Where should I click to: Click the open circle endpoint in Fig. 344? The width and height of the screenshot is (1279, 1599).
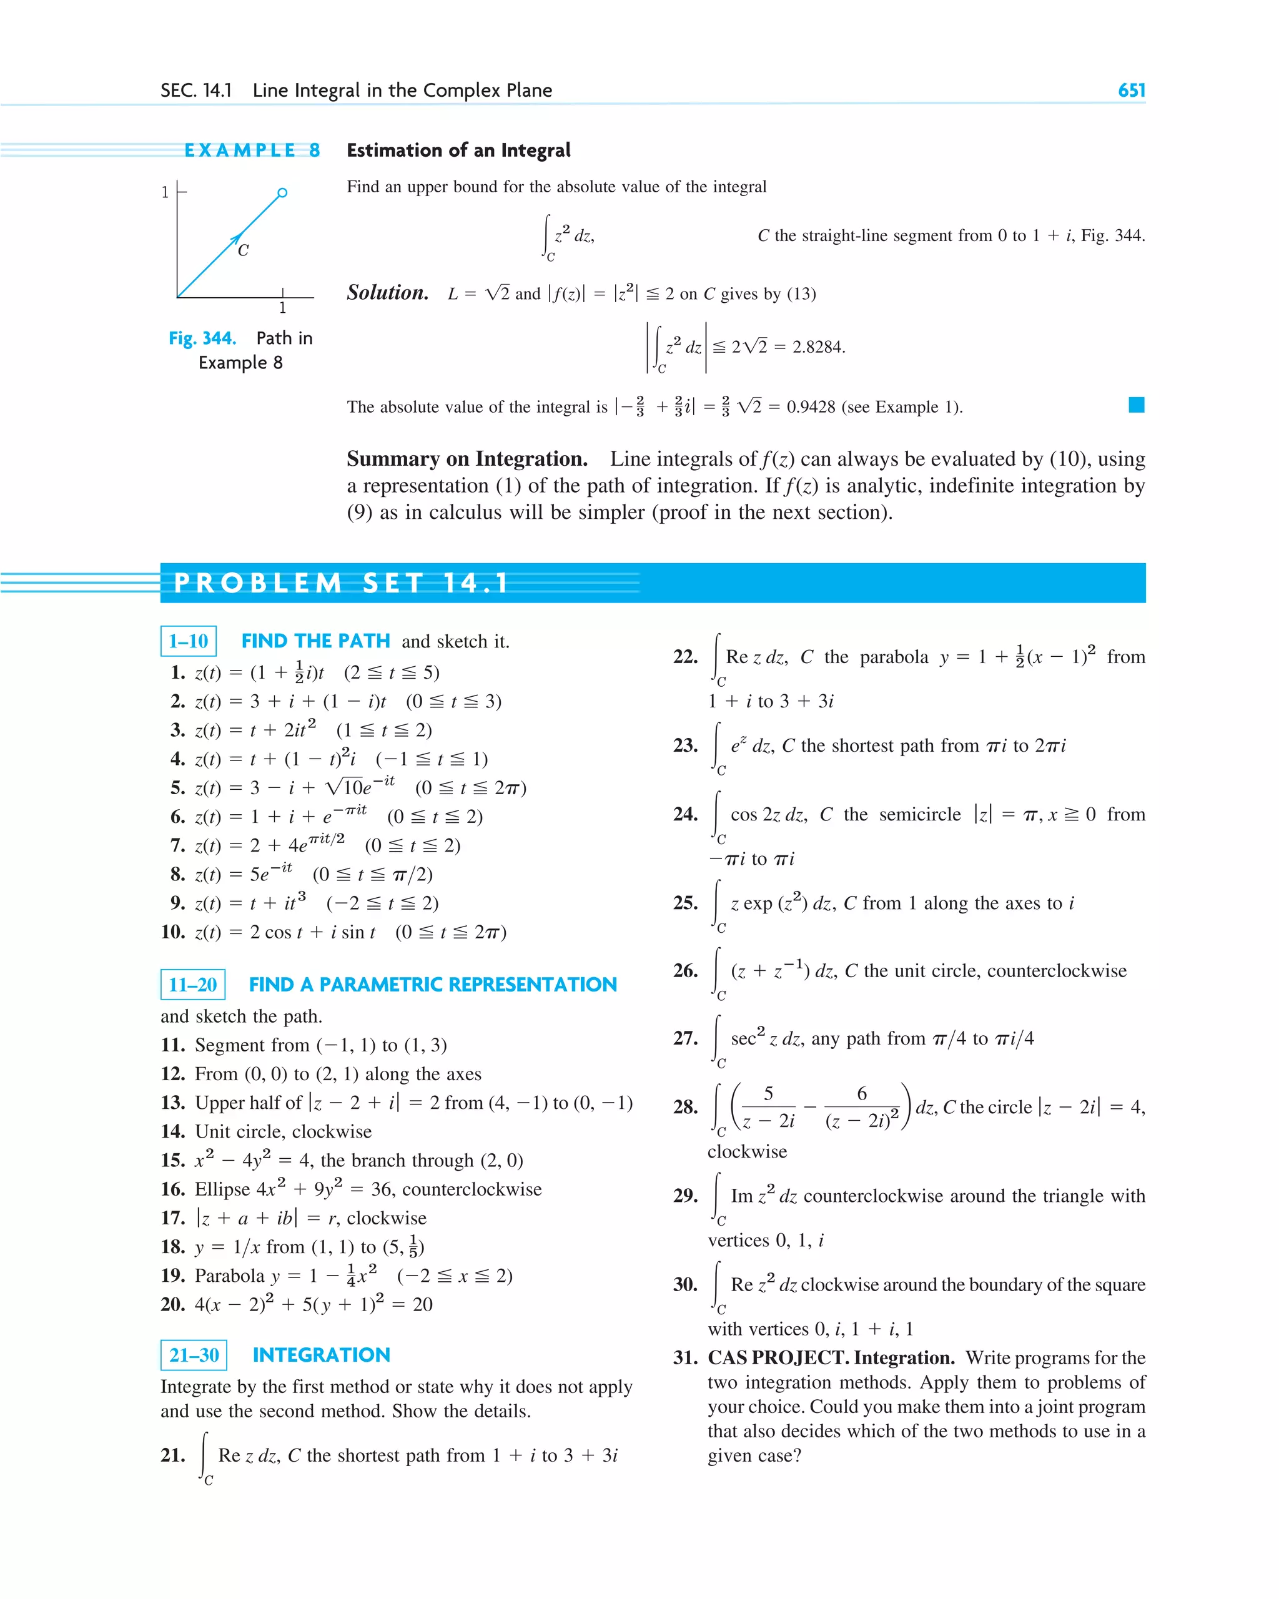(282, 193)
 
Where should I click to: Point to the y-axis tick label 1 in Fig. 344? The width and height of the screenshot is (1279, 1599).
(165, 192)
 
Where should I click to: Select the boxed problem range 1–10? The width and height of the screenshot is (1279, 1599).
(189, 641)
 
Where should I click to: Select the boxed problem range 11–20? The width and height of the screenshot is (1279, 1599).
(193, 984)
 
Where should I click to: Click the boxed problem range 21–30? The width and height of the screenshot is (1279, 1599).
(194, 1355)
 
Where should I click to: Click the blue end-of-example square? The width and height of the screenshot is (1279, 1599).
(1136, 405)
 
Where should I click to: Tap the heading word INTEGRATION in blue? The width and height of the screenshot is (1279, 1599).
(321, 1355)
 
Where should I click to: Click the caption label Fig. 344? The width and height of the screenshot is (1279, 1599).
(202, 338)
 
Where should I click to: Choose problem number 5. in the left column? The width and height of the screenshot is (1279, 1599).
(178, 787)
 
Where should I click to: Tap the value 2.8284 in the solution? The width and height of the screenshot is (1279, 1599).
(818, 347)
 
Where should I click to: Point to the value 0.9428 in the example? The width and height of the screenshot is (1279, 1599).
(810, 407)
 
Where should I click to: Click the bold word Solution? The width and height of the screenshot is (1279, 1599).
(387, 293)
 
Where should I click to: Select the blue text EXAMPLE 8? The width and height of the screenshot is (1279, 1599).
(252, 150)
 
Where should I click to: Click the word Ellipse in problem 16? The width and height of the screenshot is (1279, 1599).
(222, 1189)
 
